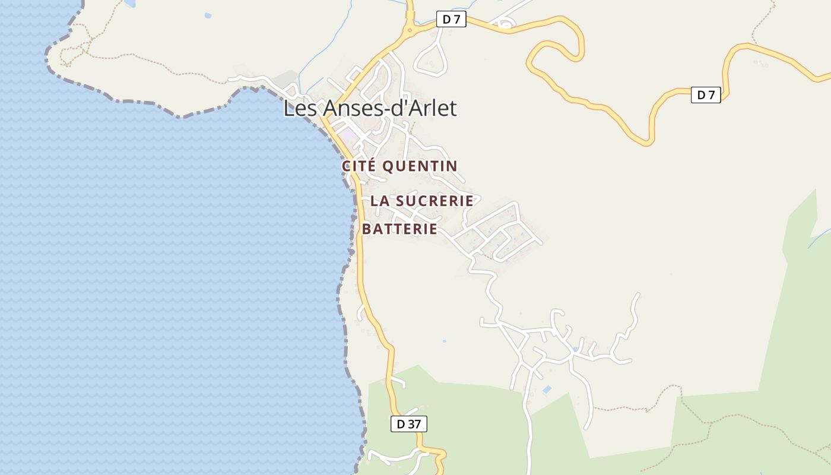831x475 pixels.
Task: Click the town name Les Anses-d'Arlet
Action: pos(370,109)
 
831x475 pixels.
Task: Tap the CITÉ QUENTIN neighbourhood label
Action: pos(399,166)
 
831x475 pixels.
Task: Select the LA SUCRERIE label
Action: pos(421,201)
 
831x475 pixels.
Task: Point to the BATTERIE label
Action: pos(399,229)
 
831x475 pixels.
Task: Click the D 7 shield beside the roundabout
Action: pos(451,20)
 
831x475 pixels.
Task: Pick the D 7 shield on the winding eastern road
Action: pos(706,95)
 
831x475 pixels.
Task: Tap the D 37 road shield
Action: pos(409,424)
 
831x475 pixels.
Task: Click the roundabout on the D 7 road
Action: pos(410,28)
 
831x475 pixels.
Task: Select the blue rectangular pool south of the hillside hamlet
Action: pos(547,390)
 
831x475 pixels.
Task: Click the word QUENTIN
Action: pos(420,166)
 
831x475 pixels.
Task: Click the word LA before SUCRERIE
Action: pos(380,201)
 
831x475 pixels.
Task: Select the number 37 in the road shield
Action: pos(414,424)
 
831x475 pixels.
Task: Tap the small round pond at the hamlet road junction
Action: pos(575,349)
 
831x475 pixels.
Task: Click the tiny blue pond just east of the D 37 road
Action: pos(445,341)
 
